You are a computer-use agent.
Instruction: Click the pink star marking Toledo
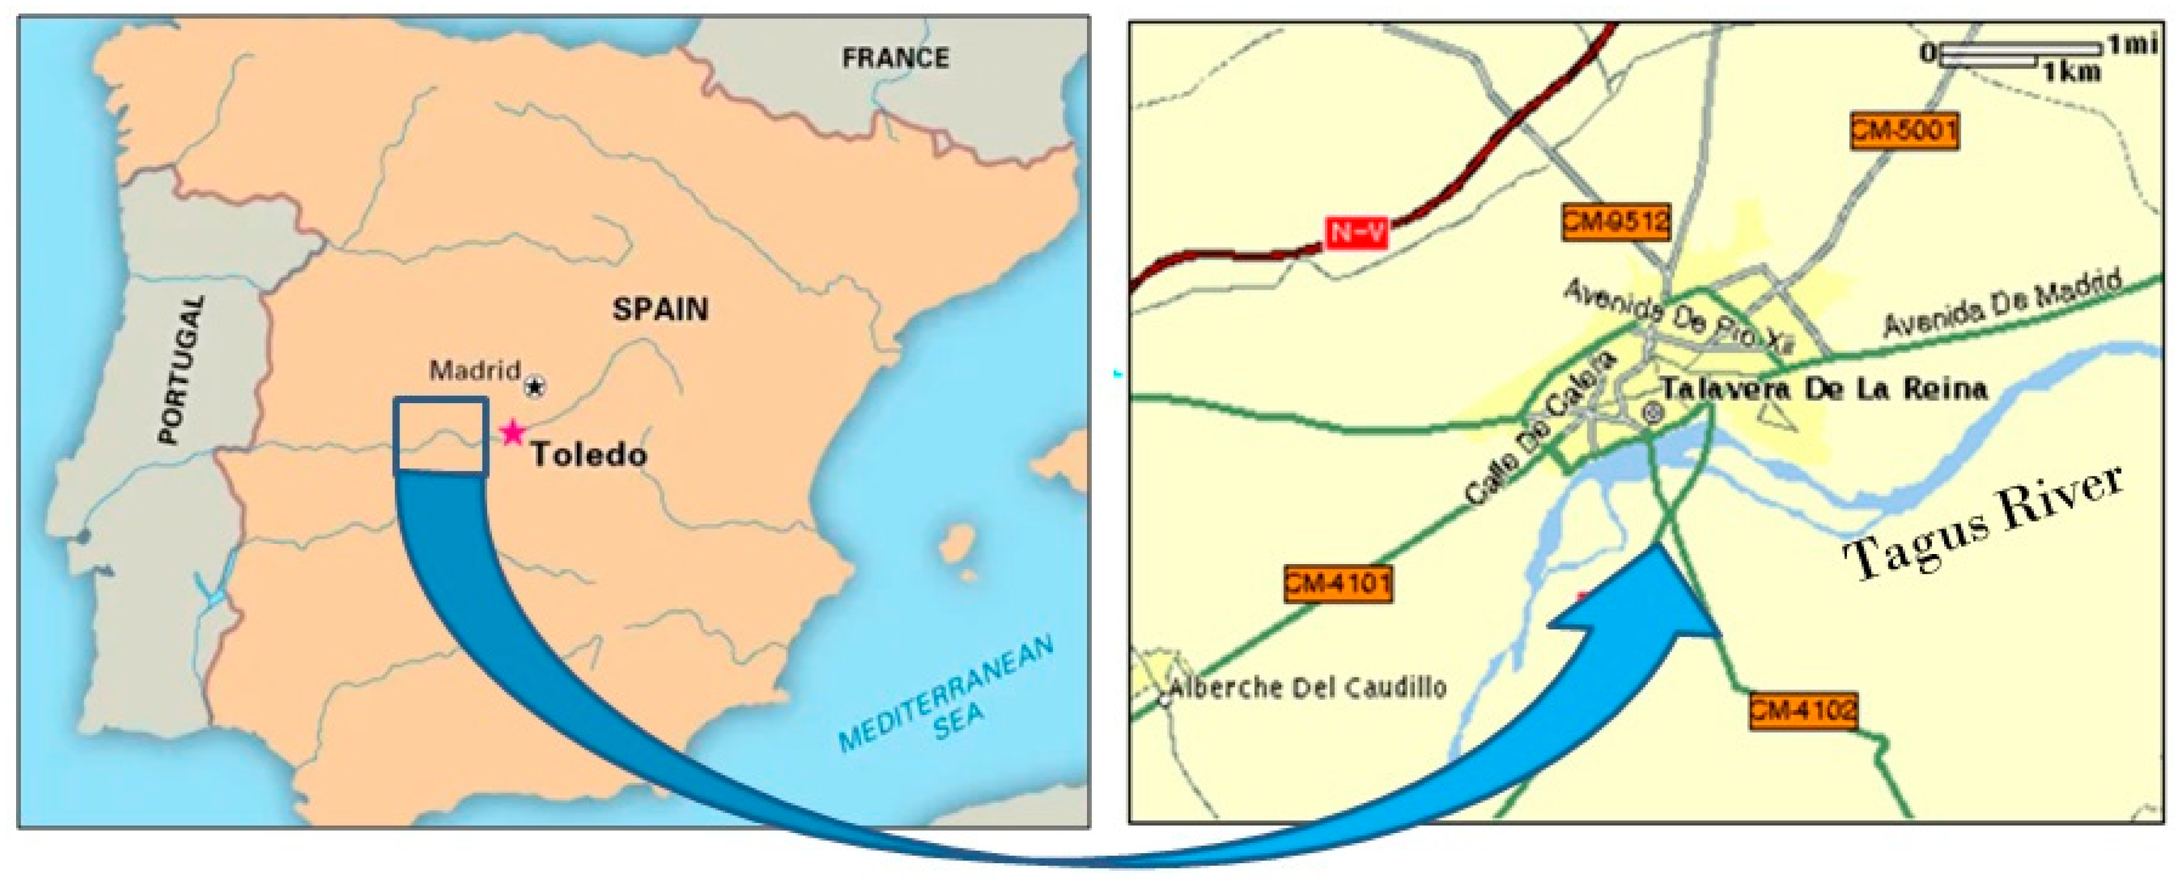pos(511,433)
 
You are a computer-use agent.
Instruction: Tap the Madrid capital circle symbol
pos(534,387)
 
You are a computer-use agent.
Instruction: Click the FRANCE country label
pos(895,58)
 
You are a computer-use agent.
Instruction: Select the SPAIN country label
pos(660,309)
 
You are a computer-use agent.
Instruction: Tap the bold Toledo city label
pos(589,455)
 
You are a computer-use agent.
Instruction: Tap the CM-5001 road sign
pos(1904,131)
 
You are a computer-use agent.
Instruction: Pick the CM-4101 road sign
pos(1337,584)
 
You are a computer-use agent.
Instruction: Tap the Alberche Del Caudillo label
pos(1307,687)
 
